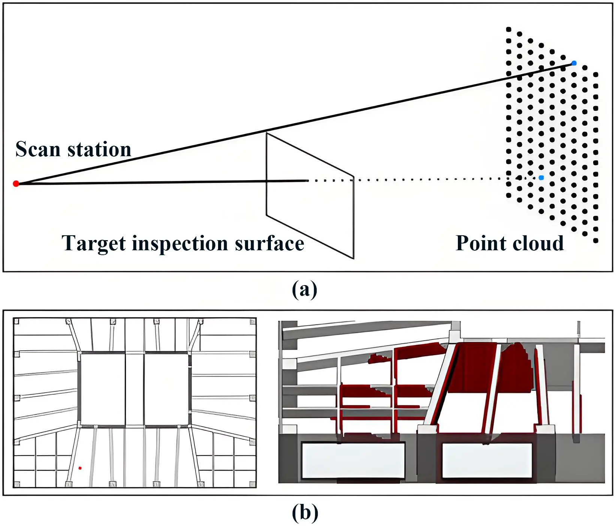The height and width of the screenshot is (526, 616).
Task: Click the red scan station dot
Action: (x=16, y=183)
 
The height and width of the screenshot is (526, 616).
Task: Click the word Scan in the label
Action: (x=37, y=149)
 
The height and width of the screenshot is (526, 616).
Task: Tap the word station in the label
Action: (x=99, y=149)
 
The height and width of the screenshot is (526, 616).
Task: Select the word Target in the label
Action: (x=94, y=243)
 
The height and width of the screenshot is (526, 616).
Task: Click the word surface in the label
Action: (x=269, y=243)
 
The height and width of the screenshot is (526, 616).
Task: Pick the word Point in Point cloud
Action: (x=480, y=243)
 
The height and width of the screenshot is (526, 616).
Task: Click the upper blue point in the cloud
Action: (x=574, y=63)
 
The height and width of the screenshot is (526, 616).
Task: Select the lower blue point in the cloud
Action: (x=541, y=178)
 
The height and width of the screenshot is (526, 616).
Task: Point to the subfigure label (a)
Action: (x=304, y=289)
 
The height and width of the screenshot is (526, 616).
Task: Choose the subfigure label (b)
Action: (x=305, y=512)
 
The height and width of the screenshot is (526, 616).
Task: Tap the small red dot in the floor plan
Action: (x=80, y=468)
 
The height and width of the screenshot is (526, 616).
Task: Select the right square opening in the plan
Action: (x=166, y=389)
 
